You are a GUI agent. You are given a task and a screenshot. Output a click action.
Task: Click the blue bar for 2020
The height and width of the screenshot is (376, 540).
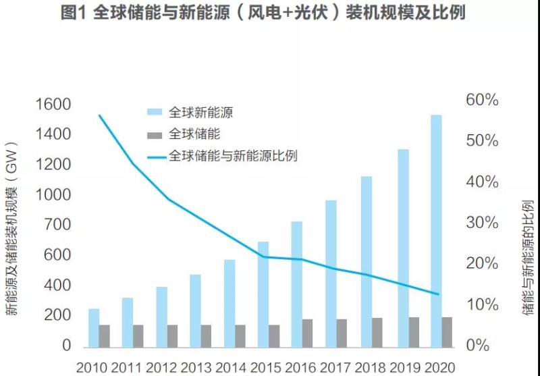point(436,230)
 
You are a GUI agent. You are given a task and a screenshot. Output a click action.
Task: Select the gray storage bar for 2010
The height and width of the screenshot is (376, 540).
point(105,335)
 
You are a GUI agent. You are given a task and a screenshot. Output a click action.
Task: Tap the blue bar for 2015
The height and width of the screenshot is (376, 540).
point(263,293)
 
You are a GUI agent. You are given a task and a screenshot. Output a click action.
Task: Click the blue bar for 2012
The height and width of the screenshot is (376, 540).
point(161,316)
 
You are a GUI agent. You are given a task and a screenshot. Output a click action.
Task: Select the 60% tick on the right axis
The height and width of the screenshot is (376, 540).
point(482,101)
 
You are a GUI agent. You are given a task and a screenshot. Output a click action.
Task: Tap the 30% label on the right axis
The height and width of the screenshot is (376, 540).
point(482,223)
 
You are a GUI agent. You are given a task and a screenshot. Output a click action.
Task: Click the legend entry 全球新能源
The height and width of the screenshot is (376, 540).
point(200,112)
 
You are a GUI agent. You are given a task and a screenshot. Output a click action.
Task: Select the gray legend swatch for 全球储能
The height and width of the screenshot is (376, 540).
point(156,134)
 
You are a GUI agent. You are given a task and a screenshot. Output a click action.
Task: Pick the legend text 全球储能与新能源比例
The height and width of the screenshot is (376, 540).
point(234,156)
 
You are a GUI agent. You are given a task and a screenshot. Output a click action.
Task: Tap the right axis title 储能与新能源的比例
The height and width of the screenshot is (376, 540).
point(529,257)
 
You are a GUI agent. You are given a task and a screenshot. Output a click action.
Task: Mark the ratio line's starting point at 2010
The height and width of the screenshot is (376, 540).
point(99,115)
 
